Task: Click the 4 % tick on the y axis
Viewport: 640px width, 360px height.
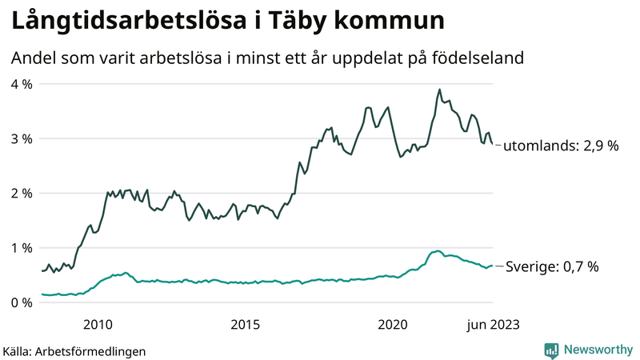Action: (x=21, y=84)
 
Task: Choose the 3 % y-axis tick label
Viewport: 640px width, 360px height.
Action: (x=21, y=138)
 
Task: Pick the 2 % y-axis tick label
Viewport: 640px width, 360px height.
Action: (x=21, y=193)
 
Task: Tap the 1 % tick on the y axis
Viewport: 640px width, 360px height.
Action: (x=21, y=248)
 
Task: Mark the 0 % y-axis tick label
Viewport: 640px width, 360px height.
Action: (x=21, y=302)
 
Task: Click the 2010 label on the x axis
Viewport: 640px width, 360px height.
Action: (x=97, y=324)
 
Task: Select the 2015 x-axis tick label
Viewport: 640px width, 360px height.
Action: (x=245, y=324)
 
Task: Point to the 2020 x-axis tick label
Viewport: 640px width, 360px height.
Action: (x=393, y=324)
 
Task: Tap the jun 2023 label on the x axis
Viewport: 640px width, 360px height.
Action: (x=490, y=324)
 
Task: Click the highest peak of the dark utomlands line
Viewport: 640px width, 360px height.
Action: (x=439, y=90)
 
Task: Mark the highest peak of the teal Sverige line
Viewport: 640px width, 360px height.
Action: (x=437, y=251)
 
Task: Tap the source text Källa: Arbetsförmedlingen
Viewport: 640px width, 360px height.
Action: (x=74, y=350)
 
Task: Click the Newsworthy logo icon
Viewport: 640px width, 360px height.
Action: (x=551, y=350)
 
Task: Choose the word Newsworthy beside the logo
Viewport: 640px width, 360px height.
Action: (x=597, y=350)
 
